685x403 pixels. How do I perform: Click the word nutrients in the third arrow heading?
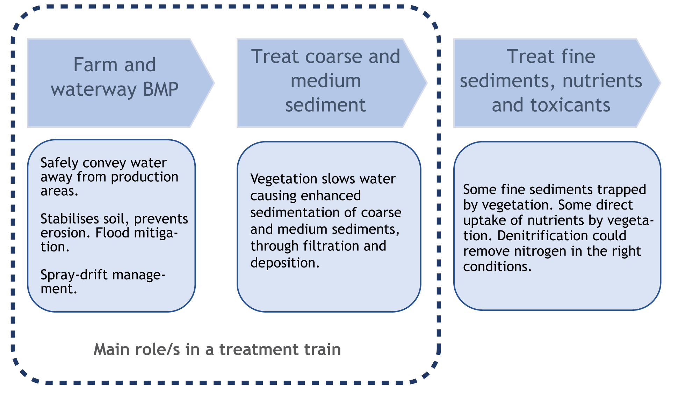pyautogui.click(x=602, y=81)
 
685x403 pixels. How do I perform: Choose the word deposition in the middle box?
pyautogui.click(x=285, y=263)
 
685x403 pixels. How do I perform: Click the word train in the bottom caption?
pyautogui.click(x=323, y=349)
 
